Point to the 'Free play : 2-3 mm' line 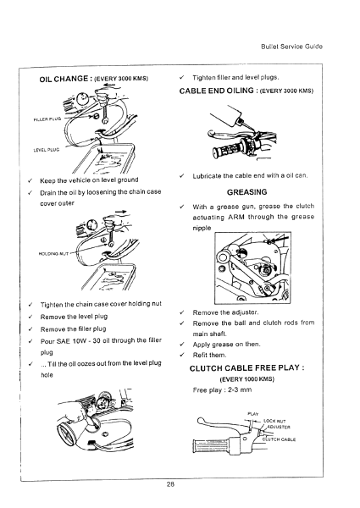(220, 391)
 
